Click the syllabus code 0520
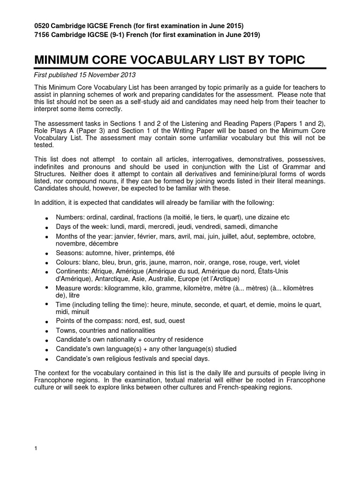[43, 25]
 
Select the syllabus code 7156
[43, 35]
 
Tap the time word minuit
[80, 312]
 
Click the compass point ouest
[176, 321]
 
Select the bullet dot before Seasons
[47, 255]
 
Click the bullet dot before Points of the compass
[47, 322]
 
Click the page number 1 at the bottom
[36, 449]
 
